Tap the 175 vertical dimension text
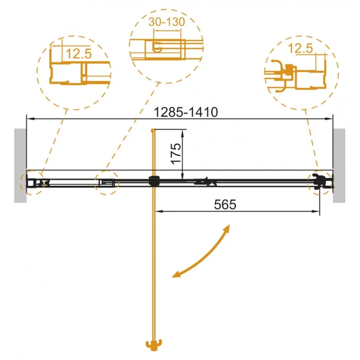click(176, 153)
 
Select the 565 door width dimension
click(225, 204)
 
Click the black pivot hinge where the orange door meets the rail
click(154, 181)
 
